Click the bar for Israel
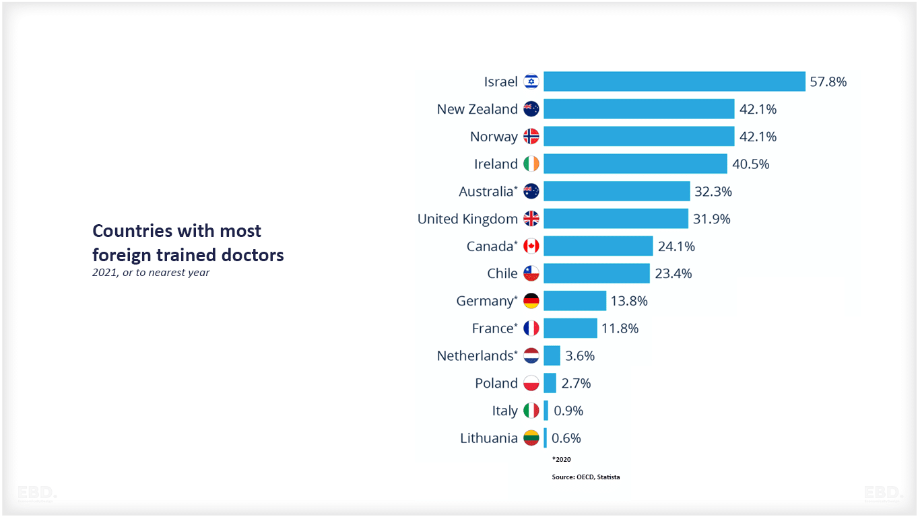tap(674, 81)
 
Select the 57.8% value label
tap(828, 81)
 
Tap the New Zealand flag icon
tap(531, 109)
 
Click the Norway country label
tap(494, 137)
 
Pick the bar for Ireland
tap(635, 164)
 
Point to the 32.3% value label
tap(713, 191)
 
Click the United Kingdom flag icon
tap(531, 219)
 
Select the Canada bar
tap(598, 246)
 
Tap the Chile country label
tap(502, 273)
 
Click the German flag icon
tap(531, 301)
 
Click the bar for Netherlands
tap(552, 355)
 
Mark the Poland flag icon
tap(531, 383)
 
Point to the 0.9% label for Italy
tap(568, 411)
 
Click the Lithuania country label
tap(488, 438)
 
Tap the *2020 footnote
tap(561, 459)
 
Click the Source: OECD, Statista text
tap(585, 477)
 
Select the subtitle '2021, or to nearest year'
tap(151, 273)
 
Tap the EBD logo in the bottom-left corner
tap(37, 493)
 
